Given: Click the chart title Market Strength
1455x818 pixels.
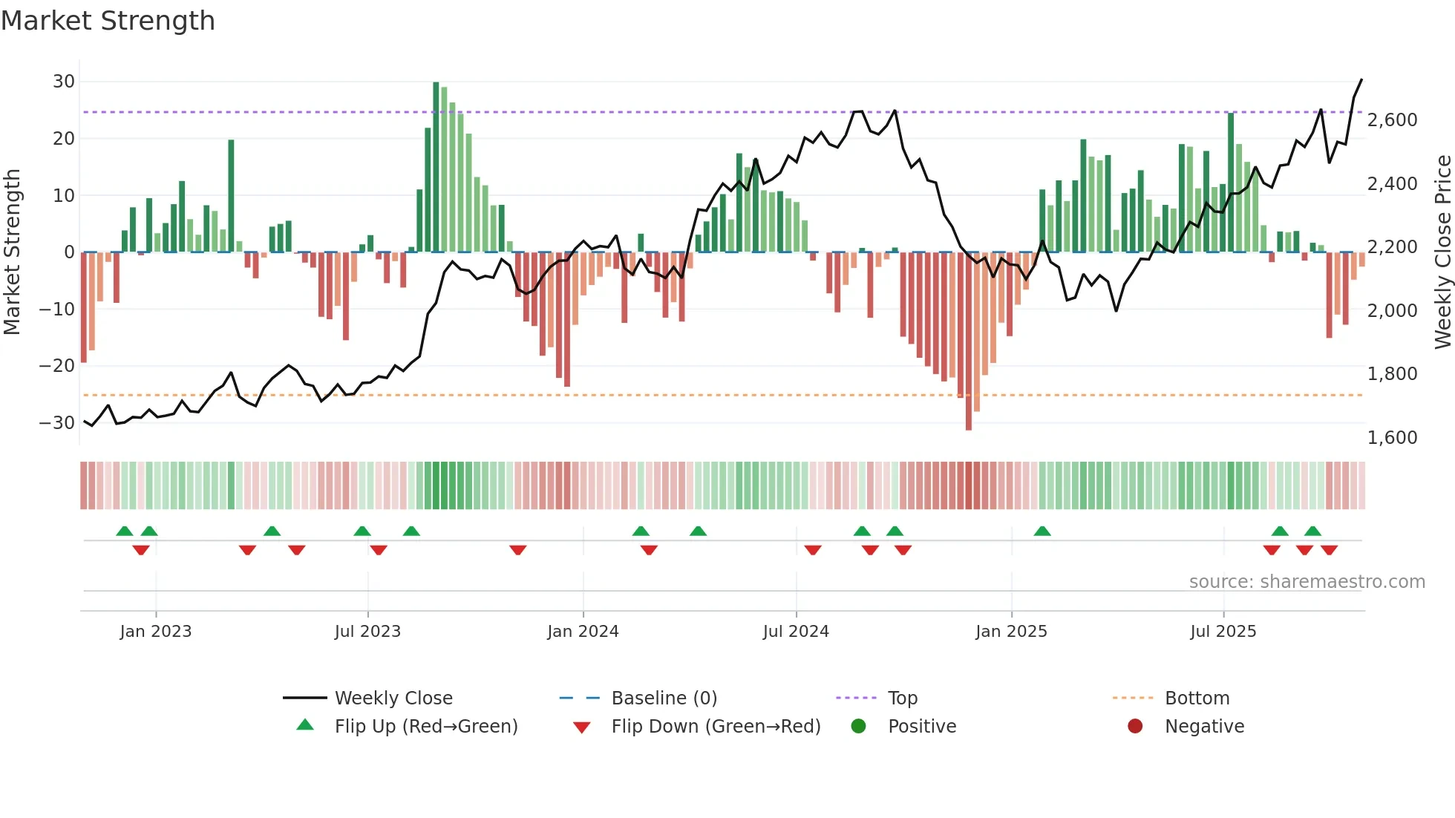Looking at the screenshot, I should pyautogui.click(x=108, y=21).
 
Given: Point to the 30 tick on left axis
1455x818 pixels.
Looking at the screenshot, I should pyautogui.click(x=64, y=82).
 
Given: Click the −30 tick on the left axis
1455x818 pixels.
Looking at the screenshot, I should pyautogui.click(x=57, y=423).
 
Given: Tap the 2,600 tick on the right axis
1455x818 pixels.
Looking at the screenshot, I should pyautogui.click(x=1392, y=120).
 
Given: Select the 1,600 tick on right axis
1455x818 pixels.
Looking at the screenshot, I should pyautogui.click(x=1392, y=438).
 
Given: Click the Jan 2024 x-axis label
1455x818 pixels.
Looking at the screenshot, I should pyautogui.click(x=583, y=632).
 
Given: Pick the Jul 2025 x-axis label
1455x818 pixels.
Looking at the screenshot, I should pyautogui.click(x=1223, y=632).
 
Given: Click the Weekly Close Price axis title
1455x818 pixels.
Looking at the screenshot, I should pyautogui.click(x=1442, y=252).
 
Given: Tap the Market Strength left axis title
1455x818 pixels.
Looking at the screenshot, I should pyautogui.click(x=13, y=252).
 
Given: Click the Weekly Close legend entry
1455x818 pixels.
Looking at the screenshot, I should pyautogui.click(x=393, y=698).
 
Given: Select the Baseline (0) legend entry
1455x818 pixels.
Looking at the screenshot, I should pyautogui.click(x=664, y=698).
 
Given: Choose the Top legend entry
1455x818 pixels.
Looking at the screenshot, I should pyautogui.click(x=902, y=698).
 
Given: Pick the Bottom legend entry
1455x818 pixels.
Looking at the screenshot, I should pyautogui.click(x=1197, y=698).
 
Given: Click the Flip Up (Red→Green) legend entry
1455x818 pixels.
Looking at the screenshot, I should pyautogui.click(x=425, y=727).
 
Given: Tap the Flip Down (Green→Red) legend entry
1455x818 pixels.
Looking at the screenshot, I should pyautogui.click(x=716, y=727).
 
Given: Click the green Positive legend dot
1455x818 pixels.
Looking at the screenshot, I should pyautogui.click(x=858, y=727).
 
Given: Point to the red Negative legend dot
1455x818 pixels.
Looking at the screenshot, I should pyautogui.click(x=1135, y=727).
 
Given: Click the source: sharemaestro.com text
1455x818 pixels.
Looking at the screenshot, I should pyautogui.click(x=1307, y=582).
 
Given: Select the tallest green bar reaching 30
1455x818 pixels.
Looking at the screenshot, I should pyautogui.click(x=436, y=167).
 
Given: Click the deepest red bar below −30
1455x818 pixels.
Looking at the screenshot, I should pyautogui.click(x=968, y=341).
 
